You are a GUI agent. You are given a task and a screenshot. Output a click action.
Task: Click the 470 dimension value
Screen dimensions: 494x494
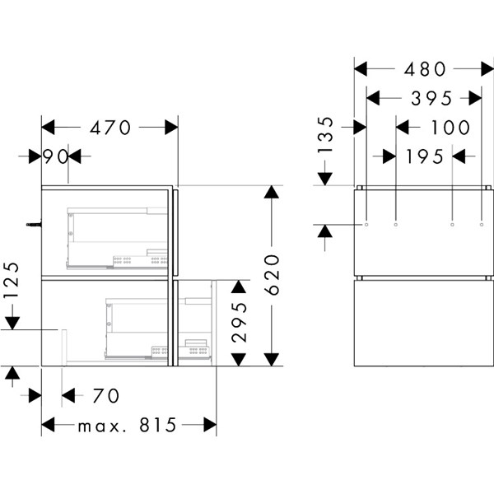(110, 128)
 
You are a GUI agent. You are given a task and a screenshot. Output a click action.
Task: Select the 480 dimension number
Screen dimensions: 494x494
(425, 69)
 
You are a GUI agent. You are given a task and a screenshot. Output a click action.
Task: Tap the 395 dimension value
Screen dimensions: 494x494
(431, 99)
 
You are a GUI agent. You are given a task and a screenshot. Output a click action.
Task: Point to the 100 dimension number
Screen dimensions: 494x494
(450, 128)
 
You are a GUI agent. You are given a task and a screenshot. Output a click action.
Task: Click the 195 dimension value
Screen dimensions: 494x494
(424, 156)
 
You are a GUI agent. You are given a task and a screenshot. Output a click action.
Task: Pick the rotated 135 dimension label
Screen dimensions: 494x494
(325, 135)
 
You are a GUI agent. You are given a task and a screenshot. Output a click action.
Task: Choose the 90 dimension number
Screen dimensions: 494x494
(55, 156)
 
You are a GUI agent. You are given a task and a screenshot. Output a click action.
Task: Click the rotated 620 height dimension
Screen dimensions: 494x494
(272, 275)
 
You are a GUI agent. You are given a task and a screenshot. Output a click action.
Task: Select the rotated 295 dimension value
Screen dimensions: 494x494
(239, 322)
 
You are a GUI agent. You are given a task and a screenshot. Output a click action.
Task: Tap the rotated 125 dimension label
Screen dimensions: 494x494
(12, 280)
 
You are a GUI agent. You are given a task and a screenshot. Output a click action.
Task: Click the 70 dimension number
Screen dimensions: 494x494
(106, 396)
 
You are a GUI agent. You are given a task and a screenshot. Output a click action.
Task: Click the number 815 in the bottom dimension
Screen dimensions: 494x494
(158, 425)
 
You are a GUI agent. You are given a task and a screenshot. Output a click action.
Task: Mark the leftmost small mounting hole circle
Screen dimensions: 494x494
(366, 225)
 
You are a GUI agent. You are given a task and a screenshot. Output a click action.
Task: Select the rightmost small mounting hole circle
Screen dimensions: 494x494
(482, 225)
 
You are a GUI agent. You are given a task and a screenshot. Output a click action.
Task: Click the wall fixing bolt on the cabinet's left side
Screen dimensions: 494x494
(34, 224)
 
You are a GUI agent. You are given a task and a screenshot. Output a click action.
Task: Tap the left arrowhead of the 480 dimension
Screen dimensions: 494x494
(361, 69)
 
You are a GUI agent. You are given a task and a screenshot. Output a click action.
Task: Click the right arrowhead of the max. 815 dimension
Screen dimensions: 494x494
(210, 425)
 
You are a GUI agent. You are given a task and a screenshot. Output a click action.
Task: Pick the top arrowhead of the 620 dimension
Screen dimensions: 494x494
(271, 192)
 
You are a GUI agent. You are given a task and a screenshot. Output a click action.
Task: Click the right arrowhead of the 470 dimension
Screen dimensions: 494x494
(171, 128)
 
